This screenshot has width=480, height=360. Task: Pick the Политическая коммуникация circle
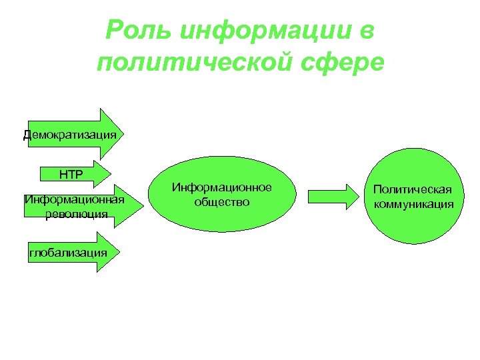tap(413, 197)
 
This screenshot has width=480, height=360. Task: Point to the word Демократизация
tap(70, 135)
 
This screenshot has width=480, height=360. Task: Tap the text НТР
tap(70, 175)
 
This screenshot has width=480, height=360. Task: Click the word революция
tap(73, 213)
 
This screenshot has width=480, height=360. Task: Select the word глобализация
tap(67, 252)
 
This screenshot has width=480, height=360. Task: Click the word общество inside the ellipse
tap(222, 201)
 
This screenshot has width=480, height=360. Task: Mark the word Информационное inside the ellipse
tap(222, 187)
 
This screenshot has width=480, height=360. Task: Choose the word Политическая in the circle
tap(413, 190)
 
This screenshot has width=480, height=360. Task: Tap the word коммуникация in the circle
tap(413, 203)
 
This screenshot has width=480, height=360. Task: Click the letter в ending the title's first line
tap(367, 30)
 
